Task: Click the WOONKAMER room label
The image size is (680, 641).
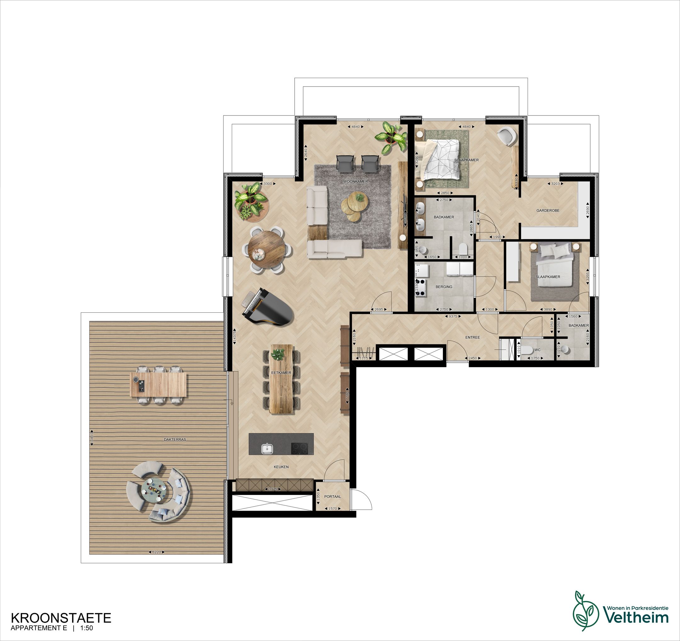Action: coord(355,181)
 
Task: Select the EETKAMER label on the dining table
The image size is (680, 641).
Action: coord(281,372)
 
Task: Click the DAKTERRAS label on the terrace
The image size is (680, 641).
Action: coord(175,440)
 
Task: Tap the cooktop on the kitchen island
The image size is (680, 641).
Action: coord(299,448)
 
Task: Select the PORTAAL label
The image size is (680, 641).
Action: coord(332,496)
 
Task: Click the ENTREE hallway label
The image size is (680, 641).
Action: coord(472,337)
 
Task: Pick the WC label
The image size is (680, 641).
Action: coord(537,350)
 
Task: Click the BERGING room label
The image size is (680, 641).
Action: coord(444,286)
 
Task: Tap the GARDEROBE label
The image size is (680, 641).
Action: coord(548,210)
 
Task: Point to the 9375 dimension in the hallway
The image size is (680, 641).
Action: coord(453,316)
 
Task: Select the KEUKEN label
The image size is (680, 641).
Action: coord(281,467)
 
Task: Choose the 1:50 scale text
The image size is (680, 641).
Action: coord(87,628)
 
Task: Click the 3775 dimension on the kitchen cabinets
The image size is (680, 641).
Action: coord(273,489)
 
